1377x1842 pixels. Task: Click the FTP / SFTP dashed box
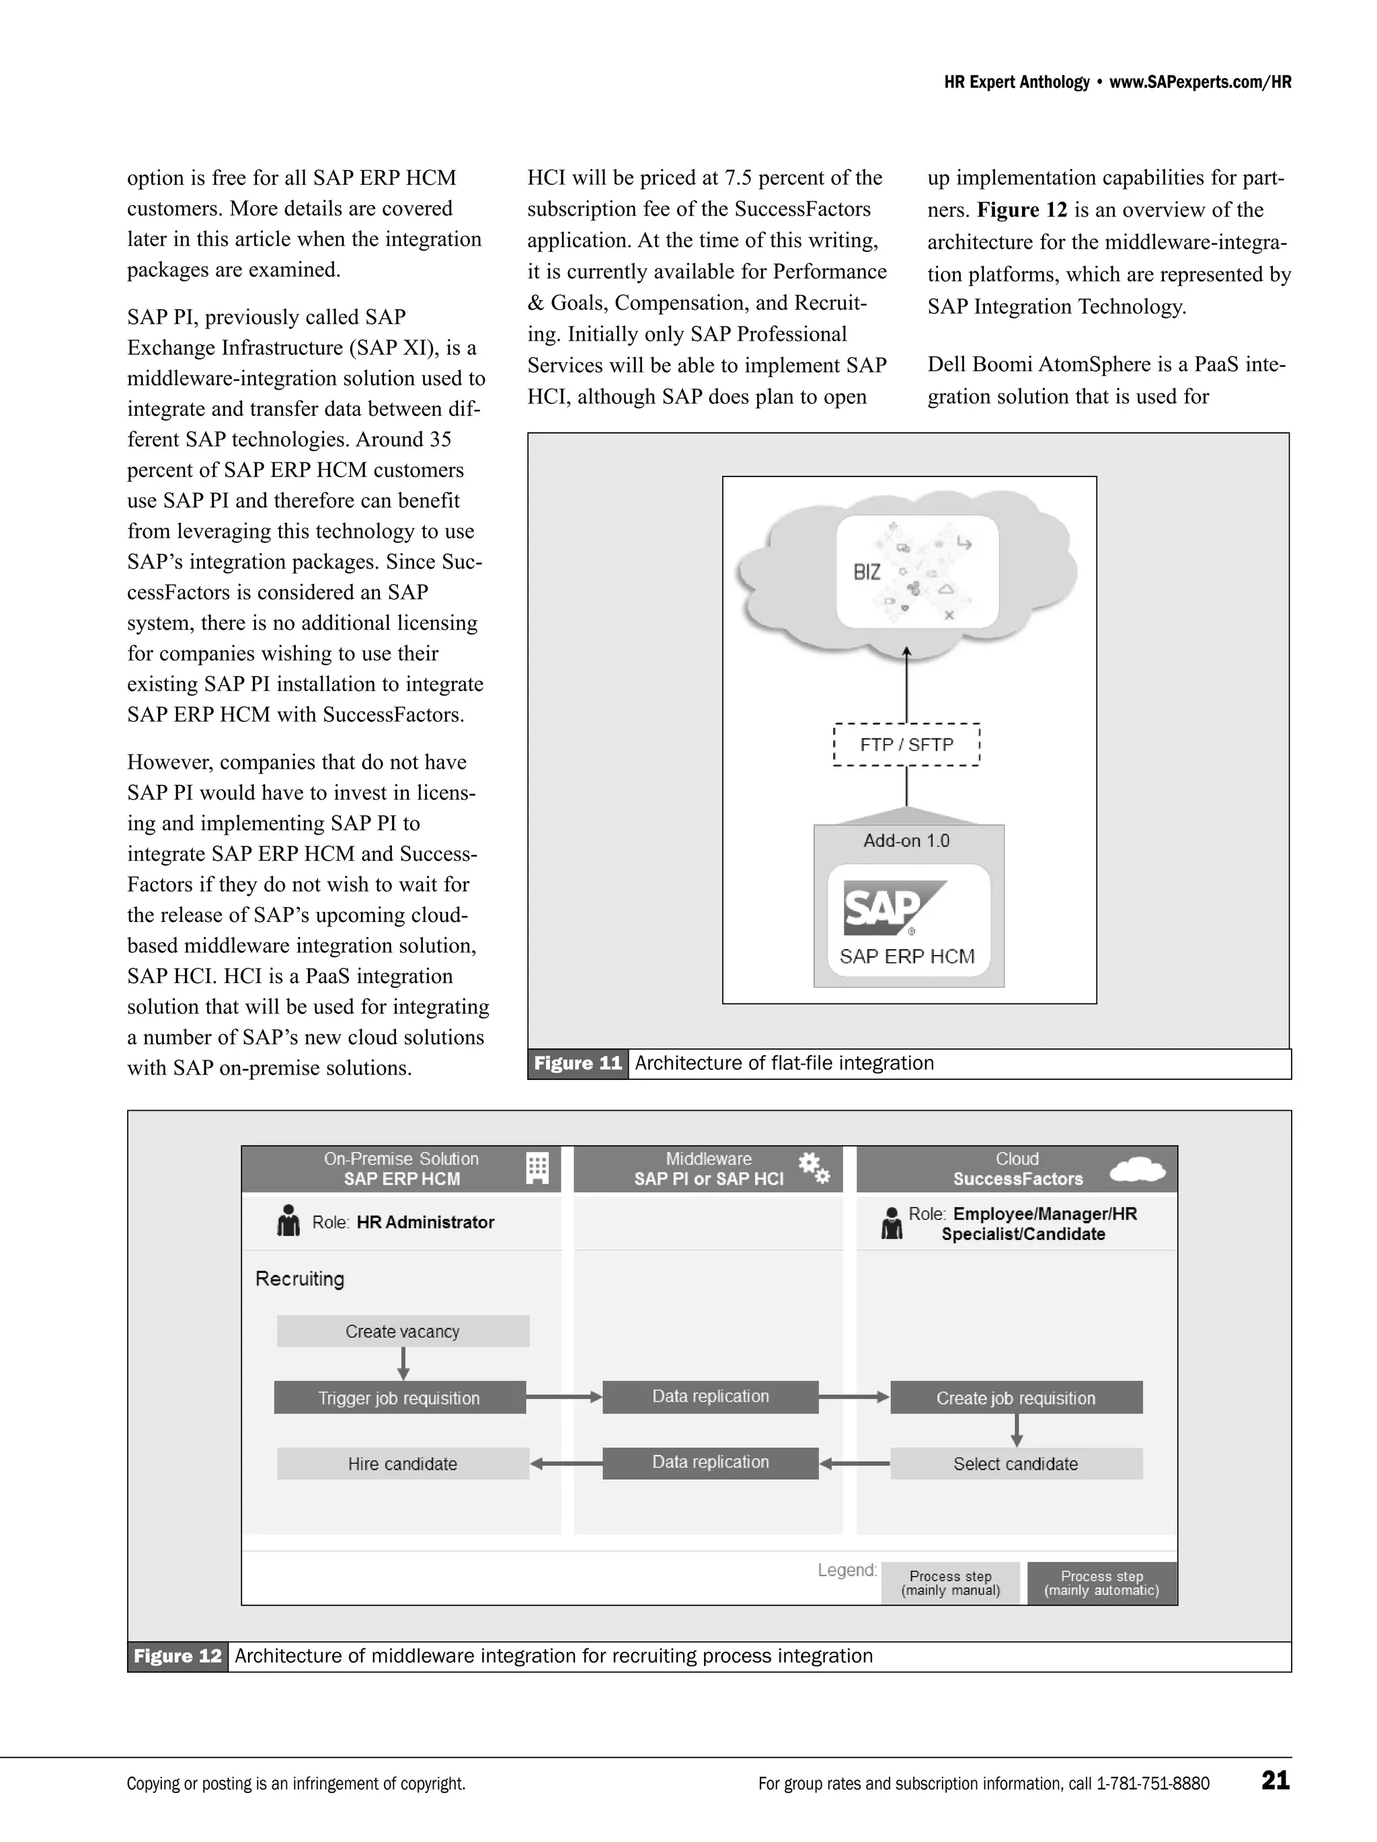click(x=906, y=745)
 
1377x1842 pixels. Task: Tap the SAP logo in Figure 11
click(x=894, y=908)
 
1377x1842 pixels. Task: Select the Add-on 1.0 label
click(x=906, y=840)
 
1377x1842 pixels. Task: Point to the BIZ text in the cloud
click(x=867, y=572)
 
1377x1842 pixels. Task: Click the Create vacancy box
click(x=402, y=1331)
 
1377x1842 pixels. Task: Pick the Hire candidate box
click(x=402, y=1463)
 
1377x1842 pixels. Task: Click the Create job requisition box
click(x=1015, y=1397)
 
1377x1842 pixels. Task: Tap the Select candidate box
click(x=1015, y=1463)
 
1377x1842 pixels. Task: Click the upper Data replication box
click(x=710, y=1396)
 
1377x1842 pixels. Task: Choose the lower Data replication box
click(x=710, y=1462)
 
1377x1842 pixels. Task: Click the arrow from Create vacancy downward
click(x=403, y=1363)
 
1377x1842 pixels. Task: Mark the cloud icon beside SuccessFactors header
click(x=1137, y=1169)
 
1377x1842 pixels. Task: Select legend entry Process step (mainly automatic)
click(x=1101, y=1582)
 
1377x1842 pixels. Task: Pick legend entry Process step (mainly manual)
click(x=951, y=1582)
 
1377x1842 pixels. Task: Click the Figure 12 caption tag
click(x=178, y=1655)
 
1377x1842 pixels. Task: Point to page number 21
click(x=1275, y=1780)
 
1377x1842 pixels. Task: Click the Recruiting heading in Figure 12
click(x=299, y=1278)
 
